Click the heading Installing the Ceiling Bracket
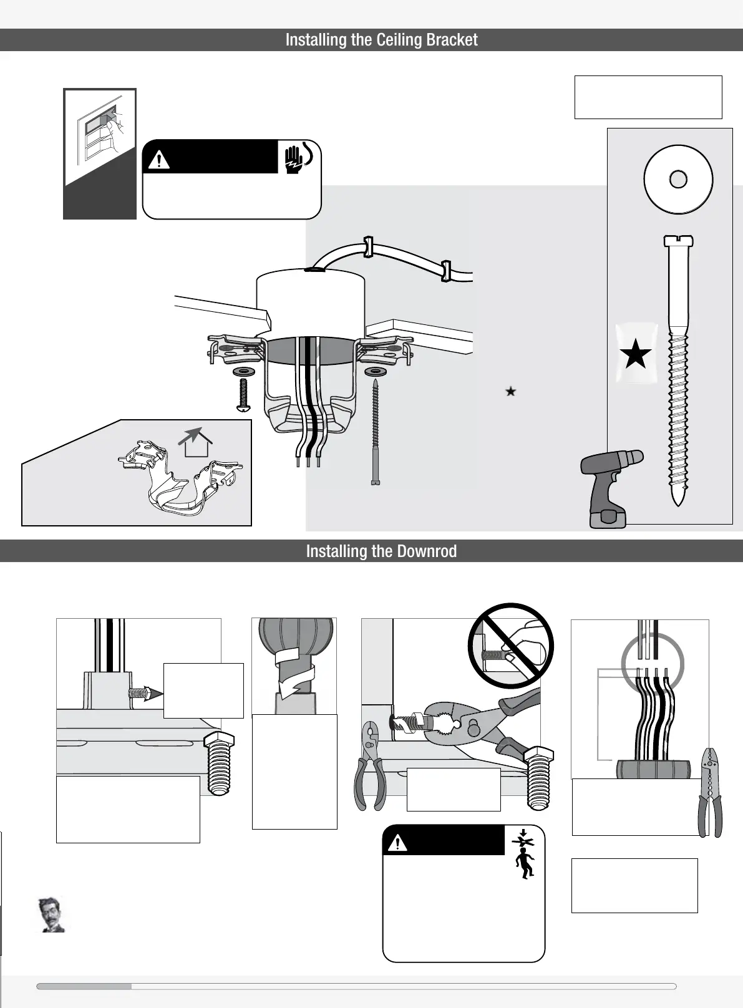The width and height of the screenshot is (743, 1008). tap(381, 40)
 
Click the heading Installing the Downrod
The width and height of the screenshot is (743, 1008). tap(381, 551)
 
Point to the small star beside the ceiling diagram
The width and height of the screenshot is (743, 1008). tap(510, 392)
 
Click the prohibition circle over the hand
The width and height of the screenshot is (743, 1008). tap(510, 645)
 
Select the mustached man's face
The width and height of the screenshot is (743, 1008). tap(51, 915)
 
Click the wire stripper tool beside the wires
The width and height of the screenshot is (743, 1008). tap(711, 792)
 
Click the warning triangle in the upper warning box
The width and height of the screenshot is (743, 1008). tap(160, 160)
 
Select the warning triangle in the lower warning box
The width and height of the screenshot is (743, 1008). tap(397, 843)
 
